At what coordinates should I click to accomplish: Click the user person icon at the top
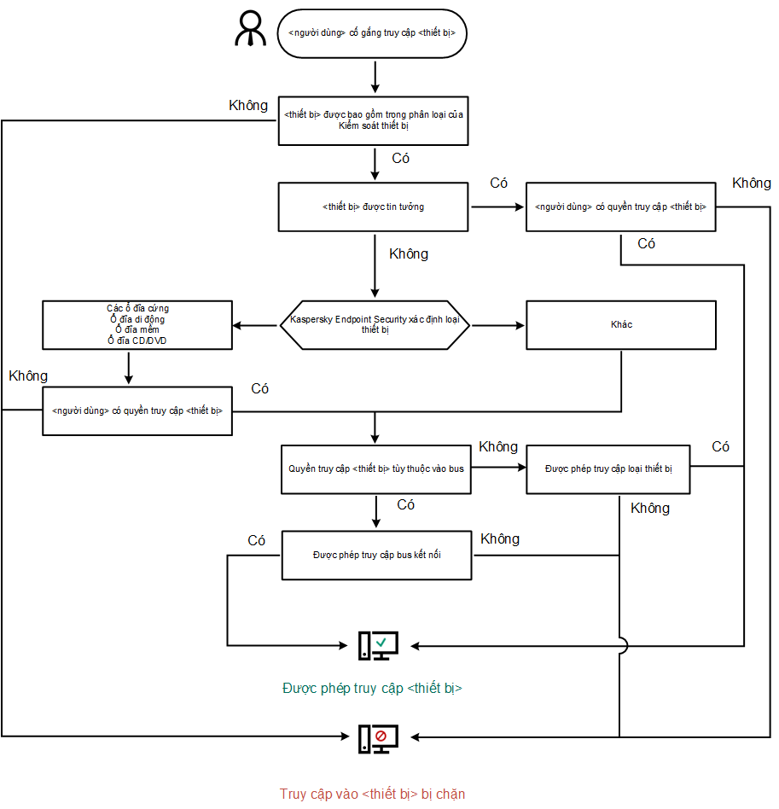tap(252, 30)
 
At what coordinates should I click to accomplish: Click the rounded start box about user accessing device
tap(372, 34)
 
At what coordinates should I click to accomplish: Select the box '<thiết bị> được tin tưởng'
tap(373, 207)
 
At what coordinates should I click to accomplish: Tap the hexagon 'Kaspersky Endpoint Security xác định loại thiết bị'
tap(375, 325)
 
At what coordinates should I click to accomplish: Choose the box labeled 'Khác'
tap(620, 325)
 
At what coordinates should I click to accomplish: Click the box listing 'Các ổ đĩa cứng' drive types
tap(137, 325)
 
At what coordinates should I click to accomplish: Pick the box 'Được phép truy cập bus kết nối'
tap(375, 555)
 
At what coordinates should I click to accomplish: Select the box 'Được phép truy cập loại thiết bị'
tap(608, 469)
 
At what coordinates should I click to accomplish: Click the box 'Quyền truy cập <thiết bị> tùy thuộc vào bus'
tap(375, 469)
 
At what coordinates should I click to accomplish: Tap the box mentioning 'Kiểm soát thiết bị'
tap(373, 120)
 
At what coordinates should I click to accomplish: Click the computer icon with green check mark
tap(377, 646)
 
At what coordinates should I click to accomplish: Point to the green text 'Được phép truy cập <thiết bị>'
tap(372, 688)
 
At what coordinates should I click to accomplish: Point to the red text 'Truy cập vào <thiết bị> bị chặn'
tap(372, 794)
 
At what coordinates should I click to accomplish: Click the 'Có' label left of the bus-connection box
tap(256, 541)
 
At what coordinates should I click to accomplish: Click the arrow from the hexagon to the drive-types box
tap(256, 325)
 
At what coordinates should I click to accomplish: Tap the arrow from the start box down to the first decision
tap(375, 77)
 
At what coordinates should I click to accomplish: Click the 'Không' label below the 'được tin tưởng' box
tap(409, 254)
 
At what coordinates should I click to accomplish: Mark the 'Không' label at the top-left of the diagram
tap(248, 106)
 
